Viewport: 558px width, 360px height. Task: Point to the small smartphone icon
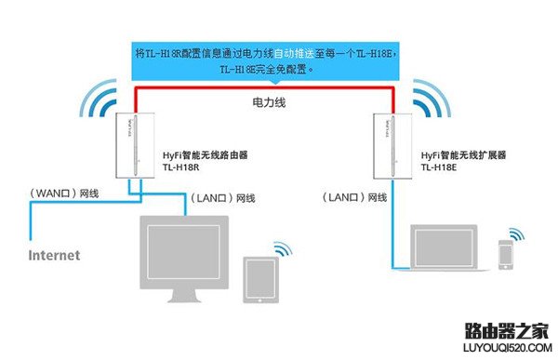pos(505,254)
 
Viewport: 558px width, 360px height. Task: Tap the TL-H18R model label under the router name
pos(179,168)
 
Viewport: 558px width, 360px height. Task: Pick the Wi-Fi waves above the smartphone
pos(513,231)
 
